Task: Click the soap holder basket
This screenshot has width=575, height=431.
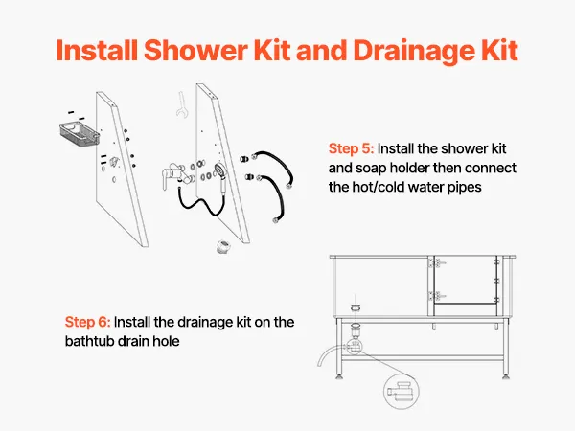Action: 80,134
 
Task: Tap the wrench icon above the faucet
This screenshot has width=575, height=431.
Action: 181,104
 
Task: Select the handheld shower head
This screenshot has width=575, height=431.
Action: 221,176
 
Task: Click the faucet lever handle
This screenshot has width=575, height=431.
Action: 165,179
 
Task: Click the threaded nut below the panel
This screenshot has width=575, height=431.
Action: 223,247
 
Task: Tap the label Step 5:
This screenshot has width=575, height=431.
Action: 351,148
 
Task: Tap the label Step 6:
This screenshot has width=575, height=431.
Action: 87,322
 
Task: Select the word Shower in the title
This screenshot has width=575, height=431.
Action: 195,50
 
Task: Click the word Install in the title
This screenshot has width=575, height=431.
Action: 97,50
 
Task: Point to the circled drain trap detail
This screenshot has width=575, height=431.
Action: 402,391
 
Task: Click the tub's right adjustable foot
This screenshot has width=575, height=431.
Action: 506,375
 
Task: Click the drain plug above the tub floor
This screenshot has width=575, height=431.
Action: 355,307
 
